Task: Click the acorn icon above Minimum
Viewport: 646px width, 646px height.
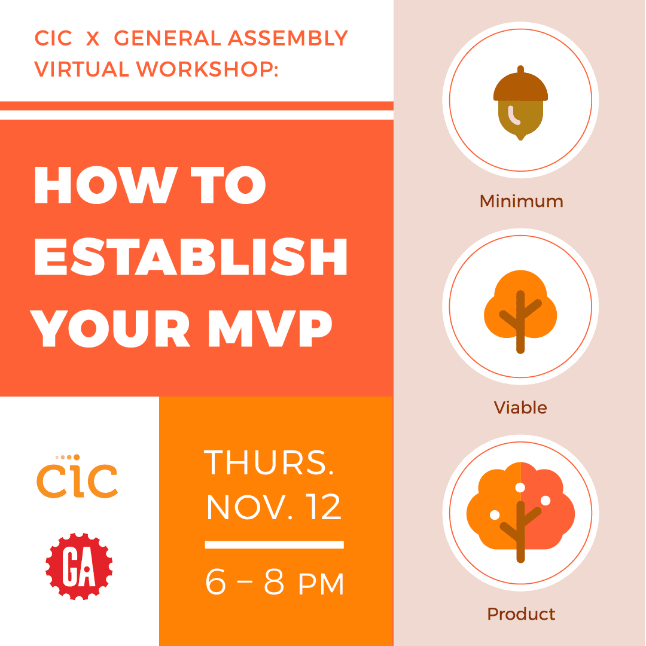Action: [520, 103]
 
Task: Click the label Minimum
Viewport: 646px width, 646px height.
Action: [521, 201]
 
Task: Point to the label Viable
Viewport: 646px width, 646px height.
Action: [520, 408]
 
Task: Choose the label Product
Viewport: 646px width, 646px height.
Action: [521, 614]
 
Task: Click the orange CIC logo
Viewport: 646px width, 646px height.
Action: [77, 478]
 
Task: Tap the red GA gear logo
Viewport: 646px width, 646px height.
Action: [79, 566]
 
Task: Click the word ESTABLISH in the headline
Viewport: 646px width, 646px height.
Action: [191, 256]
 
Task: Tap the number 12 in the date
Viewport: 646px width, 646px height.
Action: [322, 507]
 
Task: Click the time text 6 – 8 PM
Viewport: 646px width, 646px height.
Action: [275, 582]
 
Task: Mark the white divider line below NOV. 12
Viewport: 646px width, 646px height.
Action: [275, 544]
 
